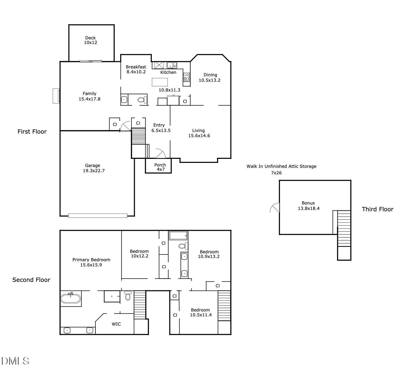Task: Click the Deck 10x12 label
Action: coord(90,40)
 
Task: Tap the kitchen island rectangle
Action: coord(160,82)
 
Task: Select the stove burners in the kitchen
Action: coord(186,77)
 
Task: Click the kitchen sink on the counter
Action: coord(172,65)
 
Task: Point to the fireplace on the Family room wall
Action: coord(56,96)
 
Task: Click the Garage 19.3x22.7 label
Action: coord(93,168)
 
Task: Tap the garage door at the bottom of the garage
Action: coord(98,216)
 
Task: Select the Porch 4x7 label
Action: coord(160,167)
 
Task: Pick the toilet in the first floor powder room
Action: coord(142,100)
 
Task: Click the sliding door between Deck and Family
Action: coord(91,61)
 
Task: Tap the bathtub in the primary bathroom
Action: coord(71,298)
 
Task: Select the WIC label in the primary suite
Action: coord(116,324)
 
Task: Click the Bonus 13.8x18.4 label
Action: coord(308,206)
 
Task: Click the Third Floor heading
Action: coord(377,209)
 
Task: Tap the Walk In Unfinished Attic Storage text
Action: coord(281,166)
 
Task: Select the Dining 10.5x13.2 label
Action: coord(210,77)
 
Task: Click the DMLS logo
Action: coord(15,361)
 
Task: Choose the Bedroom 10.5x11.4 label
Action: coord(201,312)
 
